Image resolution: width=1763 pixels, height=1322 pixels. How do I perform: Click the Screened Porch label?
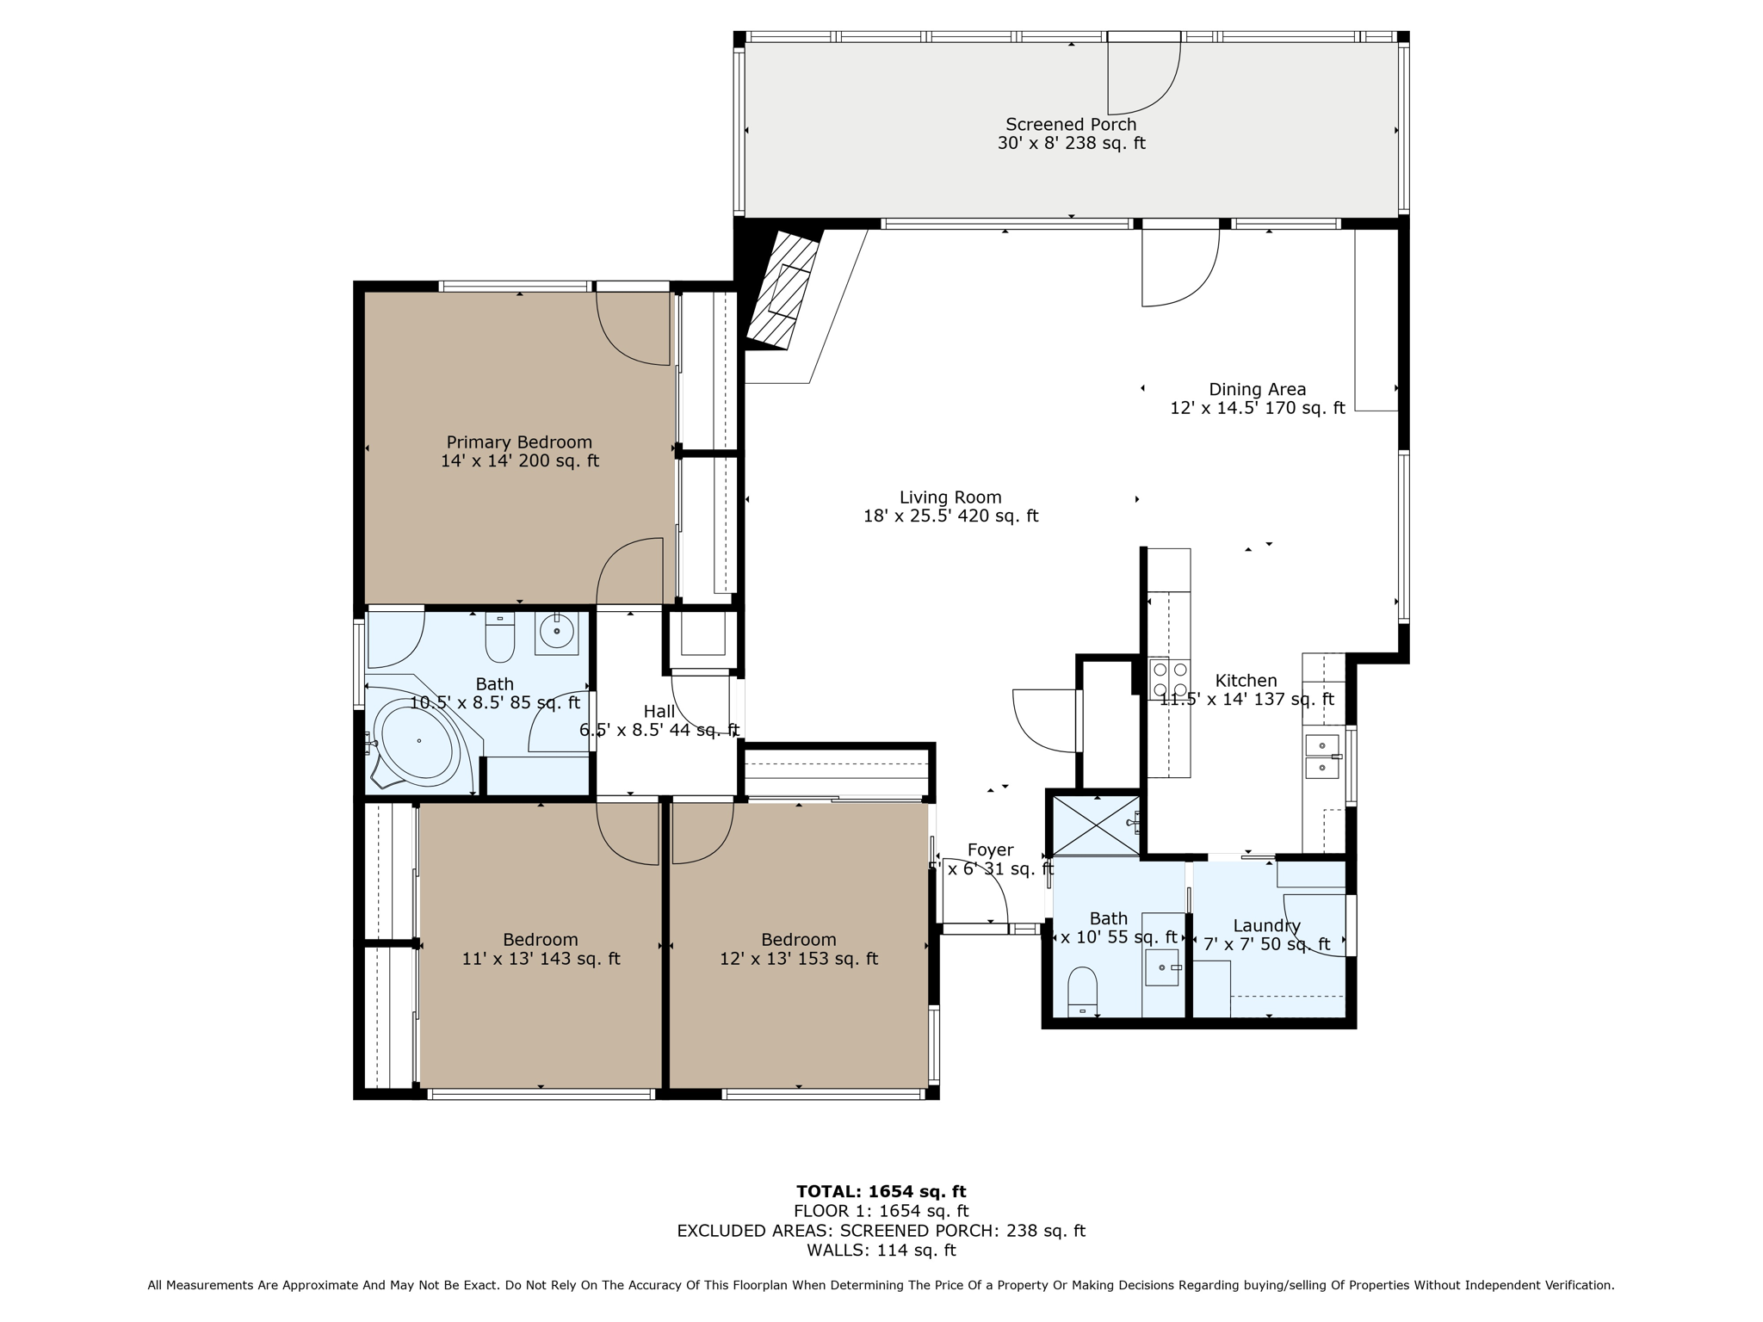(1071, 125)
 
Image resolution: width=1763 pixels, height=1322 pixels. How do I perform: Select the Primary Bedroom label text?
(519, 442)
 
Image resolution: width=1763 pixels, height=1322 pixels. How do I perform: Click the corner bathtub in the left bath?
(418, 741)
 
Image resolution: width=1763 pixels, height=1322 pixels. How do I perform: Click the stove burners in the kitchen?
(1169, 678)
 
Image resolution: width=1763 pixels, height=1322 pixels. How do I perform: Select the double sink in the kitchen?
(1321, 756)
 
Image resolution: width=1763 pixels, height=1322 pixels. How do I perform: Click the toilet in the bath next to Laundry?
(1082, 991)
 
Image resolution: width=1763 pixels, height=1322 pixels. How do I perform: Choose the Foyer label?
(990, 850)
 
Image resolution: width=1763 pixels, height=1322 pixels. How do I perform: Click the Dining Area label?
(1257, 389)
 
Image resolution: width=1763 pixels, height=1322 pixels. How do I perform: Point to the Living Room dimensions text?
(950, 516)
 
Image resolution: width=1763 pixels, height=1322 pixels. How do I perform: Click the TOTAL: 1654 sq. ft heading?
(881, 1192)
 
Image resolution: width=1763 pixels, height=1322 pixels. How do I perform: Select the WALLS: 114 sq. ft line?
(881, 1250)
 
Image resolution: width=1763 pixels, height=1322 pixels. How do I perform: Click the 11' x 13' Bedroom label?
(541, 940)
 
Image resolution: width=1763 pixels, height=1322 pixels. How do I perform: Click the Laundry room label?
(1266, 926)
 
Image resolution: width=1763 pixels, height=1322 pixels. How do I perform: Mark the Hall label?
(659, 712)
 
